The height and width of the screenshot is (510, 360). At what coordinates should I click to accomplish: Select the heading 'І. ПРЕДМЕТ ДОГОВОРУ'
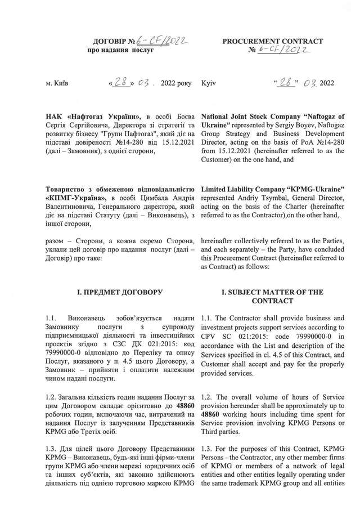(x=114, y=293)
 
